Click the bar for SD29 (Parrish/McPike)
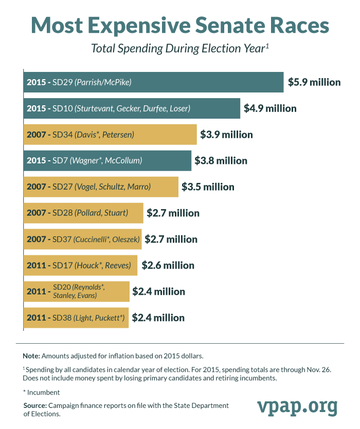click(x=153, y=82)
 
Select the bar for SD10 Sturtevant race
click(x=132, y=108)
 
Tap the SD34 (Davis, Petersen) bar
click(x=110, y=135)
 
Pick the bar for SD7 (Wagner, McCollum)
click(x=107, y=161)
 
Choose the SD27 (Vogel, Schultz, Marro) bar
click(x=101, y=187)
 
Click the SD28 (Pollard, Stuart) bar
click(x=83, y=213)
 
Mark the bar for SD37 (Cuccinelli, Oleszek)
click(x=82, y=239)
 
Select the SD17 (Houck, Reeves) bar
click(x=80, y=266)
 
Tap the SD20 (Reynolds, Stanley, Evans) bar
click(x=76, y=292)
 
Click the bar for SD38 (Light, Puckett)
click(x=76, y=318)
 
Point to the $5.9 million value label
click(x=314, y=82)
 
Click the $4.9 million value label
click(x=270, y=108)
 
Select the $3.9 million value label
click(x=226, y=135)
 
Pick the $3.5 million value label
click(x=208, y=187)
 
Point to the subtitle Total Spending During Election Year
click(x=180, y=49)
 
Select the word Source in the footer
click(x=34, y=406)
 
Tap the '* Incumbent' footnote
click(x=41, y=392)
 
